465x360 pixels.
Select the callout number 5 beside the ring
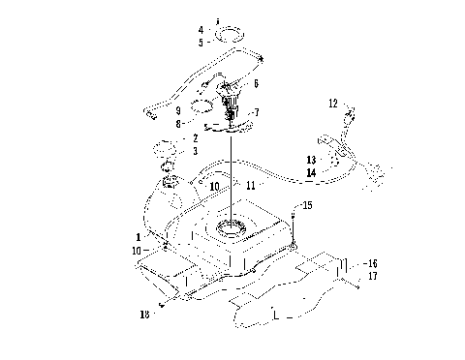(201, 42)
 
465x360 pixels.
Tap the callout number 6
(256, 84)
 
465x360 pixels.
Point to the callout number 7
(256, 112)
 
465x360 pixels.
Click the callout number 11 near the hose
(251, 183)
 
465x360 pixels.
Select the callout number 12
(332, 102)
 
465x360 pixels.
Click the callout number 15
(308, 206)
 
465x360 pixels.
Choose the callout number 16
(373, 262)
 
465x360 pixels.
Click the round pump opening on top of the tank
(232, 228)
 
